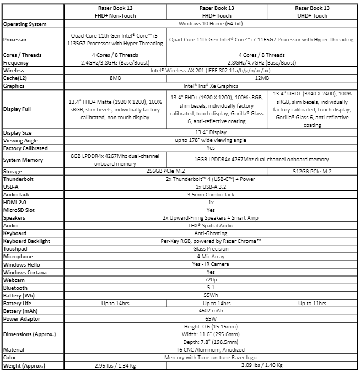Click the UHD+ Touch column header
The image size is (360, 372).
pos(311,12)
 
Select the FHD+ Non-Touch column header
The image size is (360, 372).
pos(115,12)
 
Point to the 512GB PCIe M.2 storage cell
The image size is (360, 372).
pos(311,171)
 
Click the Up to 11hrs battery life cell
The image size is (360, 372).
pos(311,303)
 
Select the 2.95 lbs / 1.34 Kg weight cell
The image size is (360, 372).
pos(115,366)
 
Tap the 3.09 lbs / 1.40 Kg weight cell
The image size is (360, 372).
pos(261,366)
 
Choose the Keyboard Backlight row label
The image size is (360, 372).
pos(26,241)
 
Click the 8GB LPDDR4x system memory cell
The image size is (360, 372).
pos(115,160)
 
